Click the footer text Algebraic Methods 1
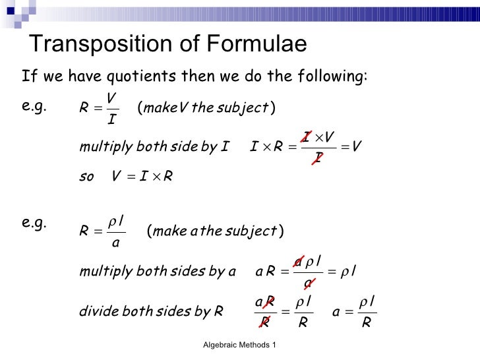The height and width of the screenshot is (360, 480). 239,345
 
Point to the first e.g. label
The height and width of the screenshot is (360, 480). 34,107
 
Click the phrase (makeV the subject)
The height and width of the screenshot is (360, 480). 206,107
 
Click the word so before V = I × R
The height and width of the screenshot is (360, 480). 86,176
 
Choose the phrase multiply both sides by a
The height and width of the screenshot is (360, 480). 157,271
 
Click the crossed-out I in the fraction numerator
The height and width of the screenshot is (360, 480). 307,136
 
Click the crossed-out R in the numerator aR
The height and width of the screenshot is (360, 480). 268,302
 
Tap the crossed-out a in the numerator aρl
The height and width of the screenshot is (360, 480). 298,262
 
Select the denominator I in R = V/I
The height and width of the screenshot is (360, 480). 111,121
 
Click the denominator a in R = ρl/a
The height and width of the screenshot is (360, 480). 115,243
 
